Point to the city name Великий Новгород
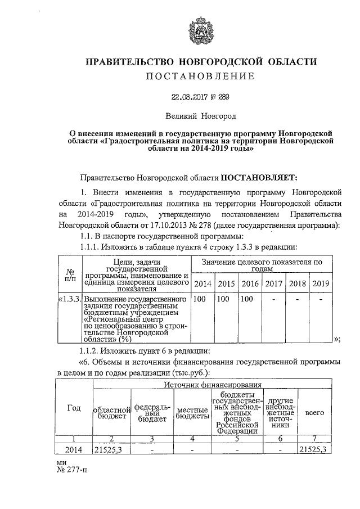(x=201, y=116)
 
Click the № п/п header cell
(x=70, y=274)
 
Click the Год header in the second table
(x=74, y=408)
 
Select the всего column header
(x=314, y=413)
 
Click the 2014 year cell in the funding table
(x=74, y=449)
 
